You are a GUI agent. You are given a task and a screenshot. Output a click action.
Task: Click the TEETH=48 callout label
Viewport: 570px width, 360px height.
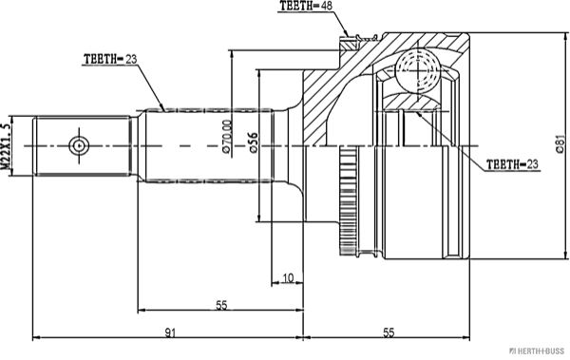tap(306, 6)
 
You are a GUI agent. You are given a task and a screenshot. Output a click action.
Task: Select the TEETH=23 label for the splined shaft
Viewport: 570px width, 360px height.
tap(110, 59)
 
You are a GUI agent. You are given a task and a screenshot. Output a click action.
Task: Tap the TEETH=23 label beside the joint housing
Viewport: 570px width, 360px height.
tap(512, 164)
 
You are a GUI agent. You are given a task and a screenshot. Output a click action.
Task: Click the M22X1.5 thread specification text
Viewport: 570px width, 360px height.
tap(6, 146)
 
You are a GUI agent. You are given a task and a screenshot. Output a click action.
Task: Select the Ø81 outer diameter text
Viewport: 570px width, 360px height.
tap(560, 144)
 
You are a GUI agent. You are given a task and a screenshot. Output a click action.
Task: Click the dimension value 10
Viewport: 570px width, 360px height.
tap(288, 278)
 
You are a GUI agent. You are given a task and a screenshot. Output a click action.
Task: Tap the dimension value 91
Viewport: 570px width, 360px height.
tap(170, 332)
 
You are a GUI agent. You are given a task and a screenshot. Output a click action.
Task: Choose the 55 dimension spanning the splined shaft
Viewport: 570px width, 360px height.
tap(221, 305)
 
